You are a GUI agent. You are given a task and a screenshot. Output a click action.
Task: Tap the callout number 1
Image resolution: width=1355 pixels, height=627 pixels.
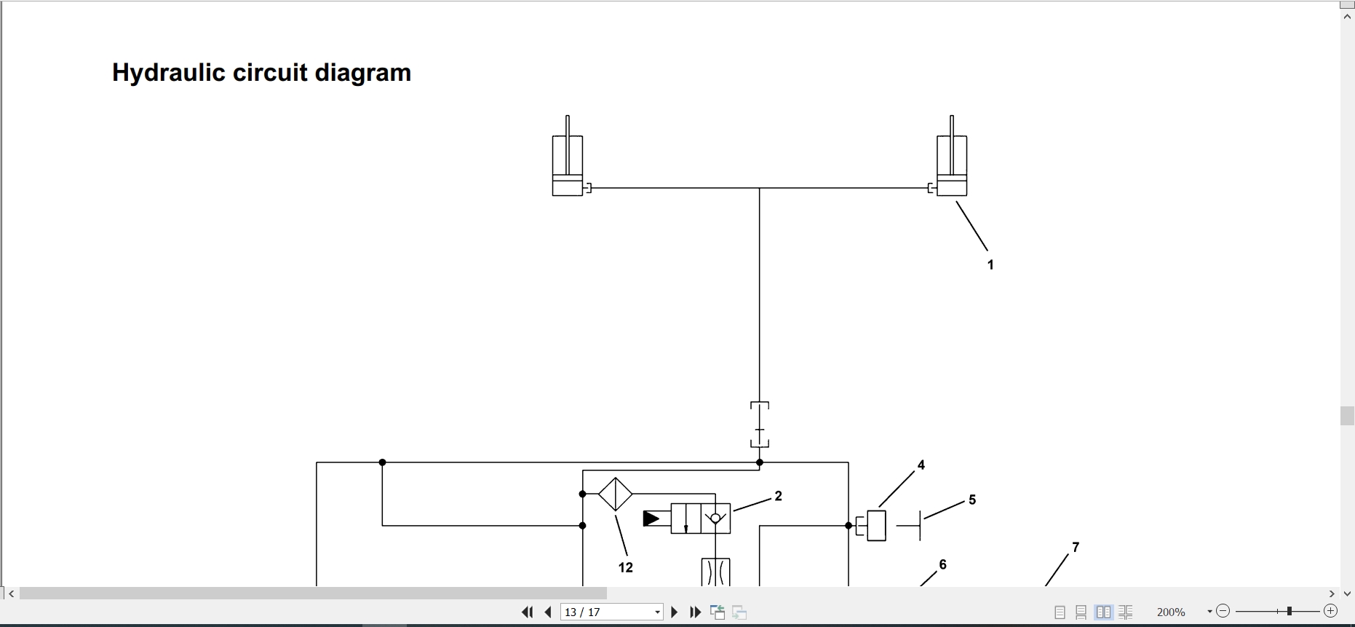(x=990, y=265)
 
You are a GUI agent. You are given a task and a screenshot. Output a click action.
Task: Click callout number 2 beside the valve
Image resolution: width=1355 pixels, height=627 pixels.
(x=778, y=496)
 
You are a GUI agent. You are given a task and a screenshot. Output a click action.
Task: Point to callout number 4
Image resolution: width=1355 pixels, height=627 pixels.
(x=921, y=465)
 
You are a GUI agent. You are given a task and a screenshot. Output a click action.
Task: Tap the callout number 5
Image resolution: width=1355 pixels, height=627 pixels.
(x=972, y=500)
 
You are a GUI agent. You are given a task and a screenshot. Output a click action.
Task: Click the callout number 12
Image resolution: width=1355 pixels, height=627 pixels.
(x=626, y=567)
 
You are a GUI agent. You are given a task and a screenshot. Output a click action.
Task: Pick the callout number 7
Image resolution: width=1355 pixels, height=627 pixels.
(x=1076, y=547)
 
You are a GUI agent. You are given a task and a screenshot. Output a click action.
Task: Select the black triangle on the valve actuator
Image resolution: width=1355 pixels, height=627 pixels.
(x=651, y=518)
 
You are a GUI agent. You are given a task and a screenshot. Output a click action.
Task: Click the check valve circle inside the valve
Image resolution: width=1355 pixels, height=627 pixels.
(x=715, y=518)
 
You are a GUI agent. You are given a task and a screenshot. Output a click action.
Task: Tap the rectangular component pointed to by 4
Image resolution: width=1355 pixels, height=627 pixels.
(x=876, y=526)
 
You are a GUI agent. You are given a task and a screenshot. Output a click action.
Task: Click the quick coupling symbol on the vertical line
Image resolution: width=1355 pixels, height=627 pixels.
(x=760, y=425)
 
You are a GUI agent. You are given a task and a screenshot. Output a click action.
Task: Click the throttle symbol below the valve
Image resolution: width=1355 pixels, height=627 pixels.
(x=715, y=572)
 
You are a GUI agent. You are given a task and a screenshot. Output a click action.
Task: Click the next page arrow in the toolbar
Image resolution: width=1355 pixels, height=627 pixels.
(x=674, y=612)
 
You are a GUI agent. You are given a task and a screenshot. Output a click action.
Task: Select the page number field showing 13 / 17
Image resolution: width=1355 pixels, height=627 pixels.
(x=612, y=612)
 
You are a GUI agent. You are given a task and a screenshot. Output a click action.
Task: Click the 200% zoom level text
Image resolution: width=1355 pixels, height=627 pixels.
(x=1171, y=612)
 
